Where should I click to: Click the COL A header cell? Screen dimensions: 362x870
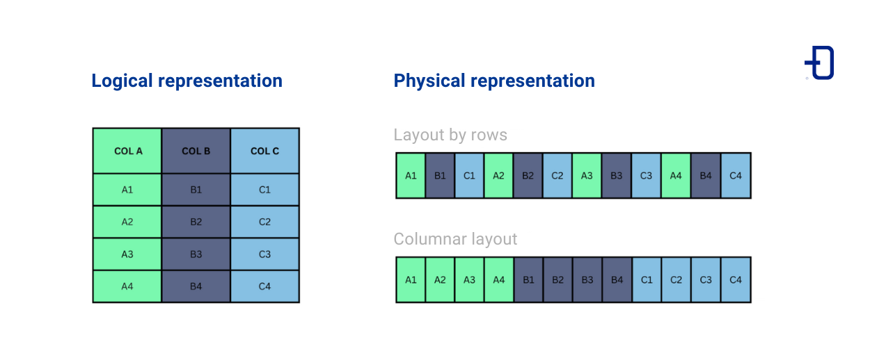[127, 151]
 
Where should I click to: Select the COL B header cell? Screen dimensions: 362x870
[196, 151]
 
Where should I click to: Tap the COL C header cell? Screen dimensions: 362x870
[264, 151]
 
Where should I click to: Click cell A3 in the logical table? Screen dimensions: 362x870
[127, 254]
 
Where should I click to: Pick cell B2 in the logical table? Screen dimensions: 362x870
[196, 222]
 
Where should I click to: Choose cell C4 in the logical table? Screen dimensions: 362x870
[264, 286]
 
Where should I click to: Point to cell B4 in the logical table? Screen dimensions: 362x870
[196, 286]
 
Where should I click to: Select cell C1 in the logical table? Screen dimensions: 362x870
[264, 190]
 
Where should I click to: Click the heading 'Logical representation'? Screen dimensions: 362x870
[187, 81]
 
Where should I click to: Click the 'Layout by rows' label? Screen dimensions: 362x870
[450, 135]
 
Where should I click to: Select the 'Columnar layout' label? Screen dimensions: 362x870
[455, 239]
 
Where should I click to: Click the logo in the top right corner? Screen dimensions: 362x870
[820, 63]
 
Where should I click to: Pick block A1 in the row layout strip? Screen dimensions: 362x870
[411, 176]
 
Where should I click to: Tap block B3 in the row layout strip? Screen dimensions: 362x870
[616, 176]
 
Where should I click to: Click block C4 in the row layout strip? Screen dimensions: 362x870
[736, 176]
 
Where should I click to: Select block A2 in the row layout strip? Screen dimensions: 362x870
[498, 176]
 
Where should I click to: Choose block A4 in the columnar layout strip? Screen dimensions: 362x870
[498, 280]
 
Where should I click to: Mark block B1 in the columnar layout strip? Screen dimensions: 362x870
[528, 280]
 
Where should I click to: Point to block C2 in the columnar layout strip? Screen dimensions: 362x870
[677, 280]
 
